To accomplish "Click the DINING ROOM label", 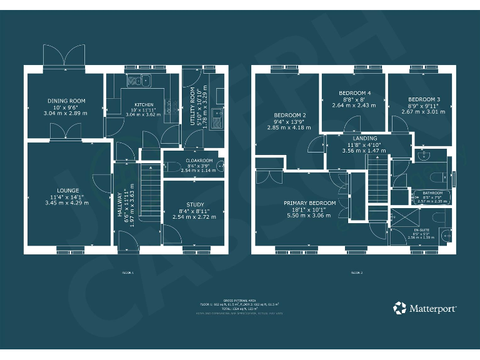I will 66,101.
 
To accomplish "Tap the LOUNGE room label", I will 67,191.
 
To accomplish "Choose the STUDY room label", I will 194,204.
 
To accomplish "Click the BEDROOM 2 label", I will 289,115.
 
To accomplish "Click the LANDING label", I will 364,138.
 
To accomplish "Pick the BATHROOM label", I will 432,193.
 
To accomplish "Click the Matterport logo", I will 425,308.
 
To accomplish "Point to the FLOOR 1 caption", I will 127,272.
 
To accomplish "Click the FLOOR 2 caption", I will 356,272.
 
